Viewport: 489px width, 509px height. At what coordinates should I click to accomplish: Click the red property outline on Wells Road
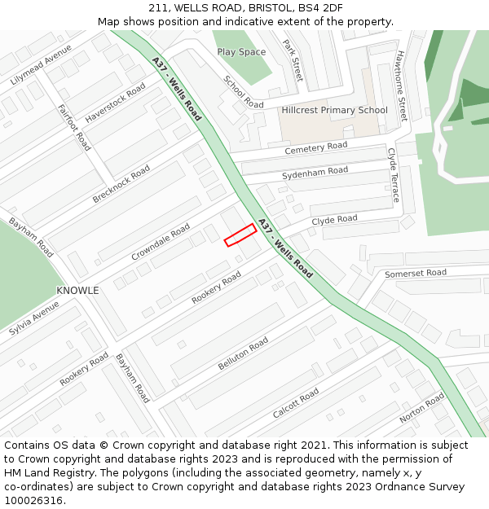(x=240, y=235)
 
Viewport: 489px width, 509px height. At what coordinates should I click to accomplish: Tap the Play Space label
(x=241, y=52)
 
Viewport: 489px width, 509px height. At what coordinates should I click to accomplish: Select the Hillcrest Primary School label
(x=334, y=110)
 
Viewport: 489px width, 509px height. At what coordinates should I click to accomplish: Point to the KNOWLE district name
(x=77, y=291)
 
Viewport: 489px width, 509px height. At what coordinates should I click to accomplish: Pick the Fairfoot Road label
(x=73, y=127)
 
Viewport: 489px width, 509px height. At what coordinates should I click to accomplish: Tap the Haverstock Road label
(x=116, y=102)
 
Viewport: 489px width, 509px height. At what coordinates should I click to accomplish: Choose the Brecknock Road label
(x=121, y=184)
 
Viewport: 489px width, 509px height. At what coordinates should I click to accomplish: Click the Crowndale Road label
(x=161, y=242)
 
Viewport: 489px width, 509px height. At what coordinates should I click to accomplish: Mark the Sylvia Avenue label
(x=34, y=318)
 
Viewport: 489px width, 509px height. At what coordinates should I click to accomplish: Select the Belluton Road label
(x=243, y=354)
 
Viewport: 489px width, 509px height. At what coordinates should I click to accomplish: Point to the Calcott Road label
(x=296, y=403)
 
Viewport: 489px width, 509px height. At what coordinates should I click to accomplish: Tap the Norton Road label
(x=422, y=407)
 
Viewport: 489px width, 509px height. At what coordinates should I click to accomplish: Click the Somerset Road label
(x=416, y=273)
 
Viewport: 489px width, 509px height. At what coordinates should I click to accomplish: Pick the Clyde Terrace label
(x=394, y=175)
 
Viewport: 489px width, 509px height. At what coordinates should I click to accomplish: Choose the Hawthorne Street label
(x=401, y=86)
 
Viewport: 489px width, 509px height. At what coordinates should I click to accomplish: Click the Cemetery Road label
(x=315, y=147)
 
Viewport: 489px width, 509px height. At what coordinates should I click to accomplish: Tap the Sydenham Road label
(x=315, y=173)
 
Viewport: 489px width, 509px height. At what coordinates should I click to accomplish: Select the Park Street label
(x=293, y=59)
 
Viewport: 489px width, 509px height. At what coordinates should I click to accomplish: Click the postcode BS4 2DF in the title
(x=319, y=8)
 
